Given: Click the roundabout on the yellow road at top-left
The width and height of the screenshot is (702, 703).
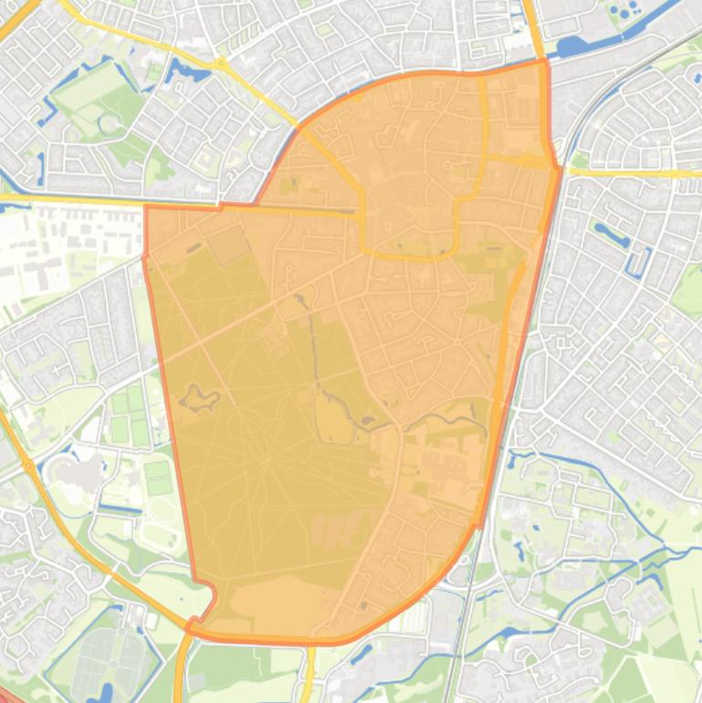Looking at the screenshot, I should [x=221, y=64].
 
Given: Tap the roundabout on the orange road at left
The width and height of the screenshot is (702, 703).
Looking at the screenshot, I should [x=28, y=467].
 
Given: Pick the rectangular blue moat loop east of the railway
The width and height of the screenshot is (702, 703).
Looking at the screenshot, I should [x=637, y=259].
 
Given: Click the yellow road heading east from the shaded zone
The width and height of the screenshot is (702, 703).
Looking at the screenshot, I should [x=630, y=173].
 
